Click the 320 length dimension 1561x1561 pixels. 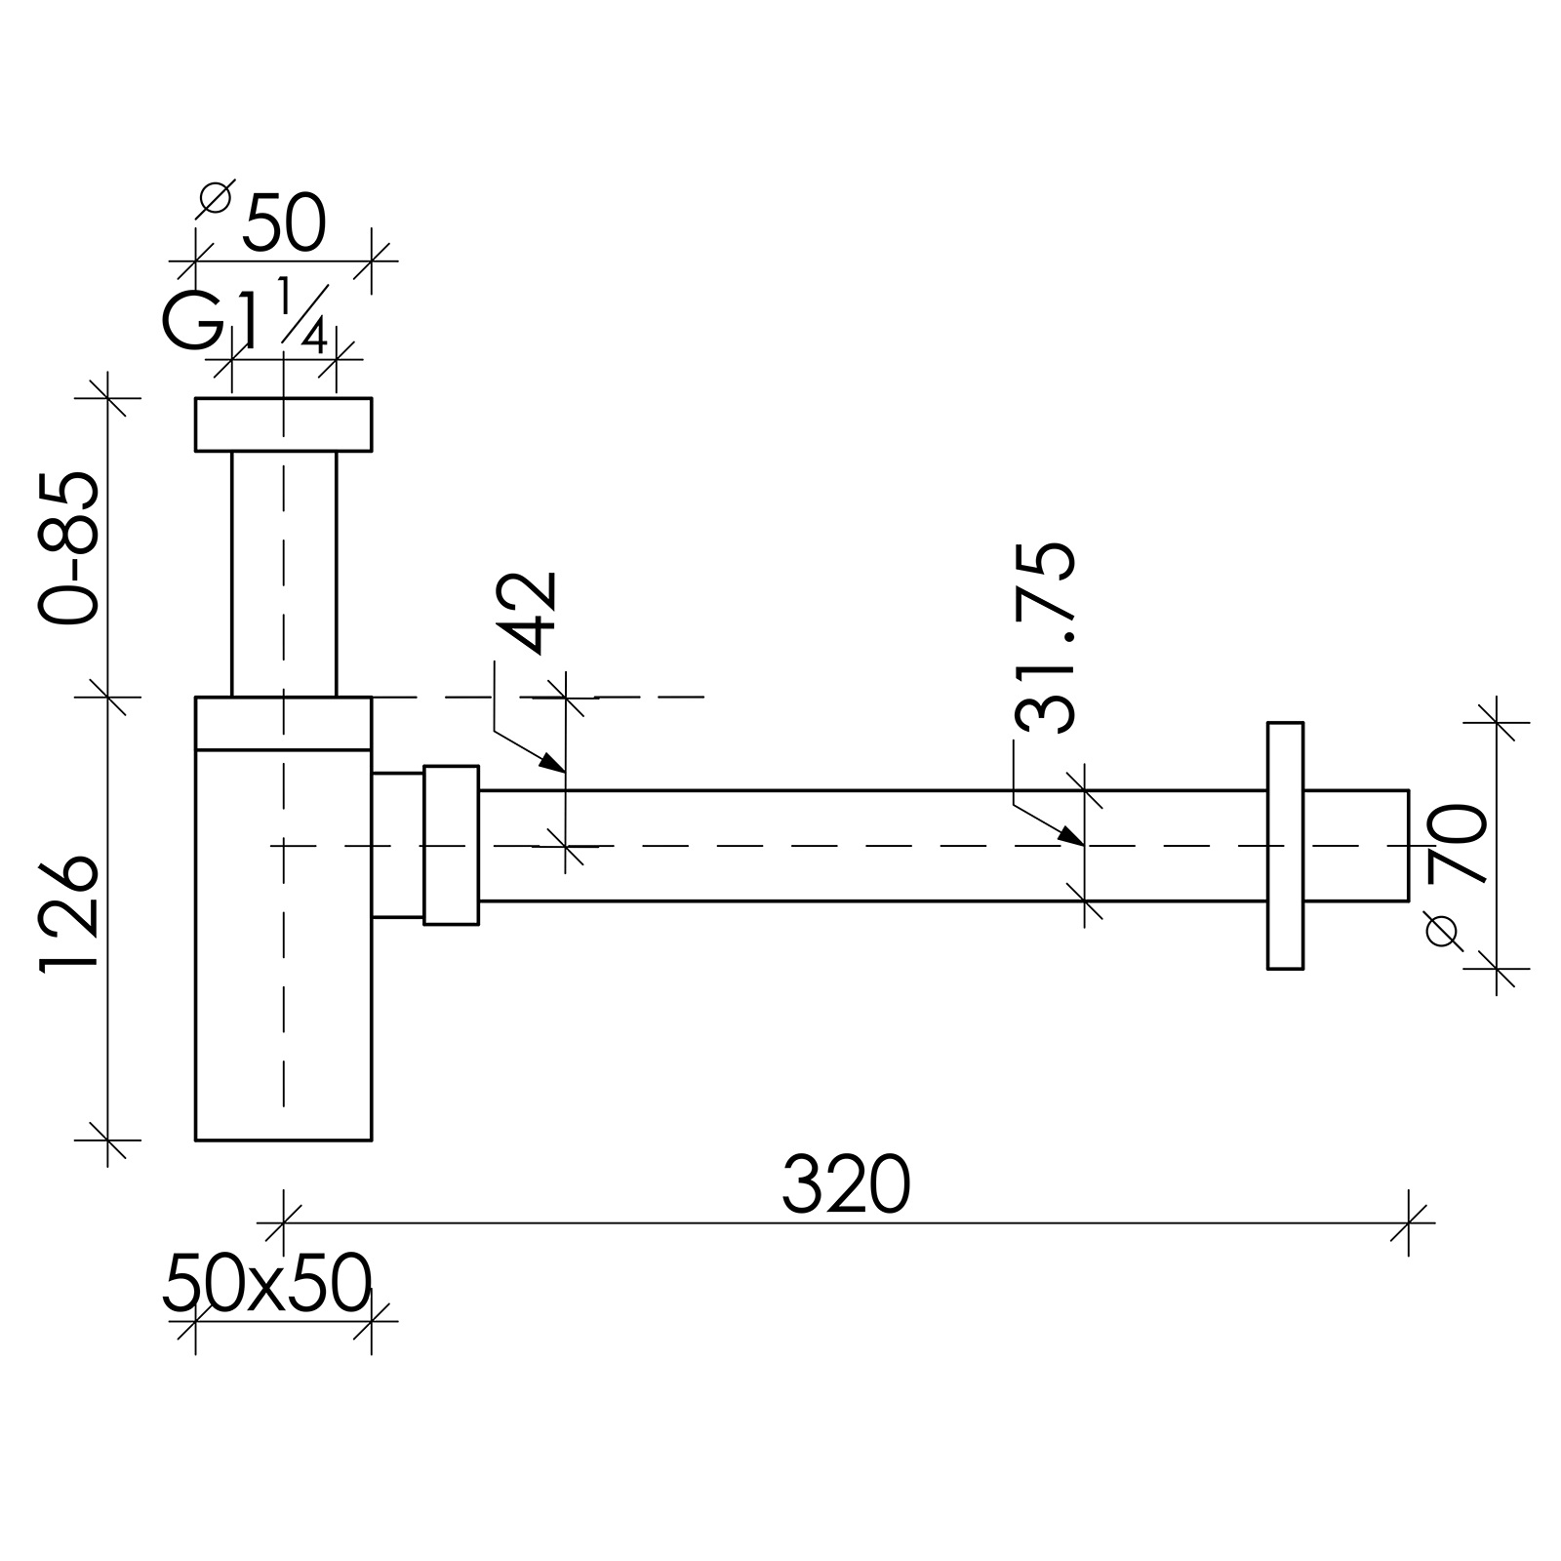[845, 1184]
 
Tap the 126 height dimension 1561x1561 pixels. [69, 914]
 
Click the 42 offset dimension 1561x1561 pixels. [533, 611]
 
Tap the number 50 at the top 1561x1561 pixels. [284, 222]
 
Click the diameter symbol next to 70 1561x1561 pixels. [1443, 931]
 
